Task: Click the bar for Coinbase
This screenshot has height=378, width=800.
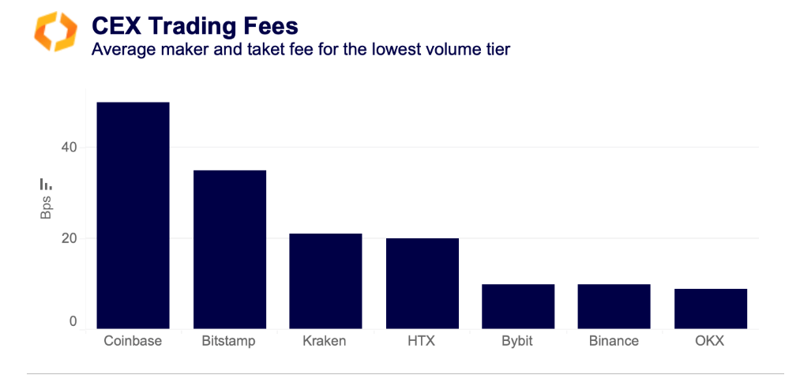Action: click(133, 215)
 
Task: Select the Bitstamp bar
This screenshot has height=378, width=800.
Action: click(229, 249)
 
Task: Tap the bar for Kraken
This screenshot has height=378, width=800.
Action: click(325, 281)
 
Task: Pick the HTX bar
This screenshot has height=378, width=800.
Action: click(422, 283)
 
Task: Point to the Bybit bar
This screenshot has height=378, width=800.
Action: click(518, 306)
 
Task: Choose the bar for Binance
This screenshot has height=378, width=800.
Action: click(614, 306)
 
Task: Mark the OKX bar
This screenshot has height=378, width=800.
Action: click(711, 309)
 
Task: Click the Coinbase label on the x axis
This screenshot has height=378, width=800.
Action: click(133, 342)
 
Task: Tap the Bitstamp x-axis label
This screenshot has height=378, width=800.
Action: click(229, 342)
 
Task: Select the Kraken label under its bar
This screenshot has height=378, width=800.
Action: click(325, 342)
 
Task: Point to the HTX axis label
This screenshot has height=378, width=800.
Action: click(422, 342)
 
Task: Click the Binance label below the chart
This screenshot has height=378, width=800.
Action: click(614, 342)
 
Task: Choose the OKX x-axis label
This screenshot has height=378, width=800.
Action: click(711, 342)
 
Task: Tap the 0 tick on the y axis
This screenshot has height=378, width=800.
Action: click(72, 322)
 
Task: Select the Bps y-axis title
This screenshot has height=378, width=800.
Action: click(46, 208)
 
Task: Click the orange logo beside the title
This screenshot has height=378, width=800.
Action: click(55, 32)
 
